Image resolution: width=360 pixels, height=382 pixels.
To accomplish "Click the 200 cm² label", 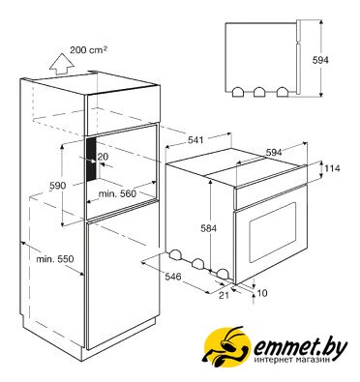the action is point(89,50).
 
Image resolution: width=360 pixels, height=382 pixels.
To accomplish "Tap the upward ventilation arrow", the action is point(61,65).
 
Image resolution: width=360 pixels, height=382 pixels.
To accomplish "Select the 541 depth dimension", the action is point(195,140).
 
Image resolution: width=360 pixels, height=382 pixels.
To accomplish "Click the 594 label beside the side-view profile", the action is point(320,60).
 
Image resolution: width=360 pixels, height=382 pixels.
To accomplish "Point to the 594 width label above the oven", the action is point(274,152).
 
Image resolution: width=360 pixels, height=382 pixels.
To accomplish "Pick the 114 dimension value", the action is point(332,168).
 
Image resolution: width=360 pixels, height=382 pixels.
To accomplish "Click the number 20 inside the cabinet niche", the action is point(103,157).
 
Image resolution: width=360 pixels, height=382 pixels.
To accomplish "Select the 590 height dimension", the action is point(58,186).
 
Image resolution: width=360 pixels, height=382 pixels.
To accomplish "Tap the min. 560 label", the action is point(117,193).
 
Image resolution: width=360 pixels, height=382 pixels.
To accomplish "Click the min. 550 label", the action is point(55,258).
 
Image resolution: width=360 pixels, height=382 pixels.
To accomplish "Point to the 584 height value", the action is point(208,228).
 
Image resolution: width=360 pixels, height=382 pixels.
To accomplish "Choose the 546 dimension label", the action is point(173,277).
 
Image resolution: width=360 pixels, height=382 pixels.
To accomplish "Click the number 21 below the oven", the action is point(224,295).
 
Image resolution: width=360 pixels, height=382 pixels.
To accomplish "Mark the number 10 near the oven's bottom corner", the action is point(262,293).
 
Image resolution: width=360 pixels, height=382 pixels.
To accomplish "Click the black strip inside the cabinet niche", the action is point(92,160).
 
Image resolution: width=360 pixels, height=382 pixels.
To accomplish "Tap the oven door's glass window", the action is point(273,232).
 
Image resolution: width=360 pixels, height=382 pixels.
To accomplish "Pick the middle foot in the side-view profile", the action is point(259,92).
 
